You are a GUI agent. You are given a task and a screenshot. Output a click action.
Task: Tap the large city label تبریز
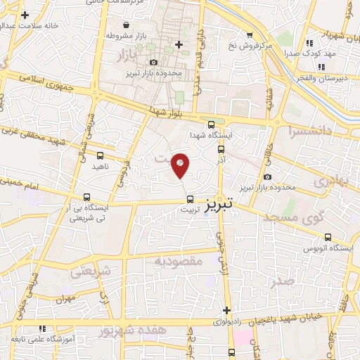click(223, 205)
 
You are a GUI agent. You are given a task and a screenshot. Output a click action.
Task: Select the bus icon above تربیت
click(190, 199)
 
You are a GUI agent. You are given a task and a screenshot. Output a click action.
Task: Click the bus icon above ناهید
click(99, 155)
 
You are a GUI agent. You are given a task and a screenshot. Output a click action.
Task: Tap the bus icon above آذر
click(221, 149)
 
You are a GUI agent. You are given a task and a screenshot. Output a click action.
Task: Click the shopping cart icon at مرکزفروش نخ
click(249, 34)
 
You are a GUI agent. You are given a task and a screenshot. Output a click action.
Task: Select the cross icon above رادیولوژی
click(226, 310)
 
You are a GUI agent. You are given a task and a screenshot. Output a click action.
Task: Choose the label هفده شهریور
click(134, 329)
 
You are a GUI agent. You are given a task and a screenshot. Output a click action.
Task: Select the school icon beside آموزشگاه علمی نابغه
click(42, 328)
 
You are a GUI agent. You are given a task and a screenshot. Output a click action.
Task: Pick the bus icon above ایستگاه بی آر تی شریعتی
click(86, 197)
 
